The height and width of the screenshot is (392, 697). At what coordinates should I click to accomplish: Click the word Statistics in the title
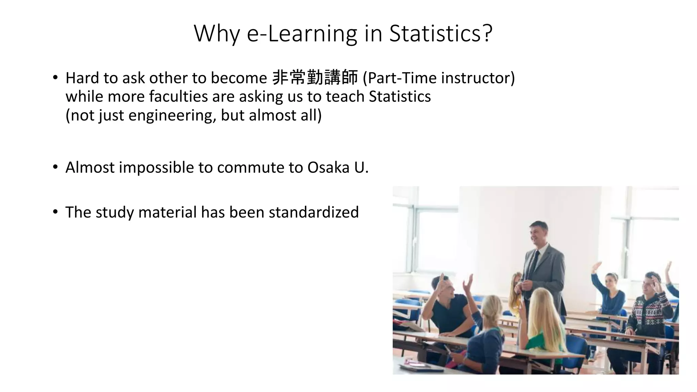441,33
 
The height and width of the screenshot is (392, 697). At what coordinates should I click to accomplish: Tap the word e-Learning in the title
302,33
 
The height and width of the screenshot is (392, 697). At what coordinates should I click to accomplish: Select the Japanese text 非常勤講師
315,78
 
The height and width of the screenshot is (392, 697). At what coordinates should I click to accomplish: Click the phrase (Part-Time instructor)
439,78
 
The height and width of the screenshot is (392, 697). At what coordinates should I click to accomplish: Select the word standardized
313,212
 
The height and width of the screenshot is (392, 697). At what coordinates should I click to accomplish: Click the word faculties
178,96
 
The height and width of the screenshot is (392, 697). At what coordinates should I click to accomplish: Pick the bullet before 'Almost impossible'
55,167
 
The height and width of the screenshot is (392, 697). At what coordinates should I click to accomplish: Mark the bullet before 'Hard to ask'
55,78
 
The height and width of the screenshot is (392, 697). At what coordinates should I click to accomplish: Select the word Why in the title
216,33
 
